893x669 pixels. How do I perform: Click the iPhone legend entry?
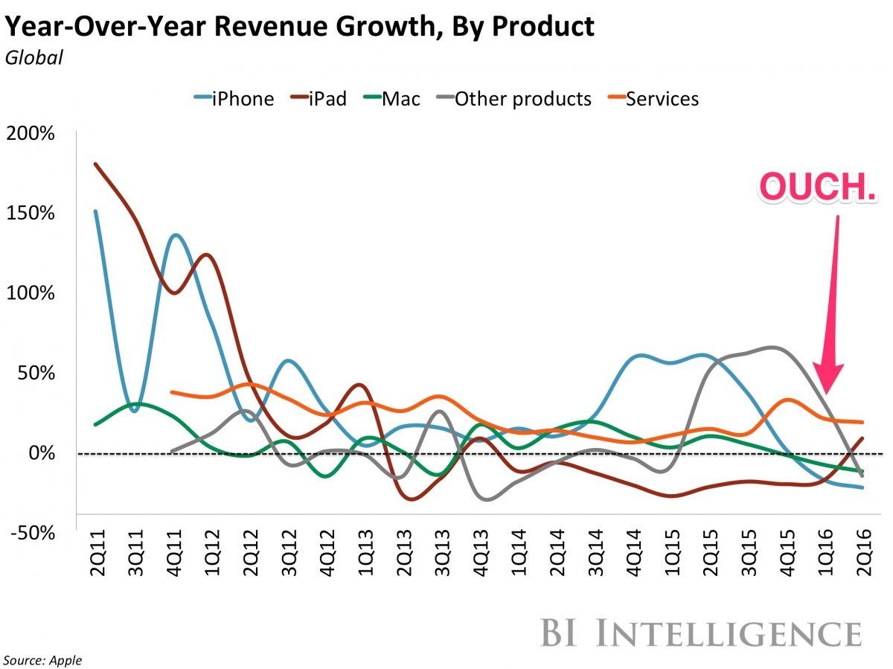click(234, 98)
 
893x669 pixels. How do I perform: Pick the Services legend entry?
click(653, 98)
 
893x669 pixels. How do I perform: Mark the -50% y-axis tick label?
click(32, 533)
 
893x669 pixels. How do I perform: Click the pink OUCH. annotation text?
click(816, 188)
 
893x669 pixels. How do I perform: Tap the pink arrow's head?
click(827, 380)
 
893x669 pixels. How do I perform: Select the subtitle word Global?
click(34, 57)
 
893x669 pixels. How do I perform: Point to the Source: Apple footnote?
click(42, 660)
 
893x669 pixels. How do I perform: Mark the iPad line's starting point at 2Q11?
click(95, 164)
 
